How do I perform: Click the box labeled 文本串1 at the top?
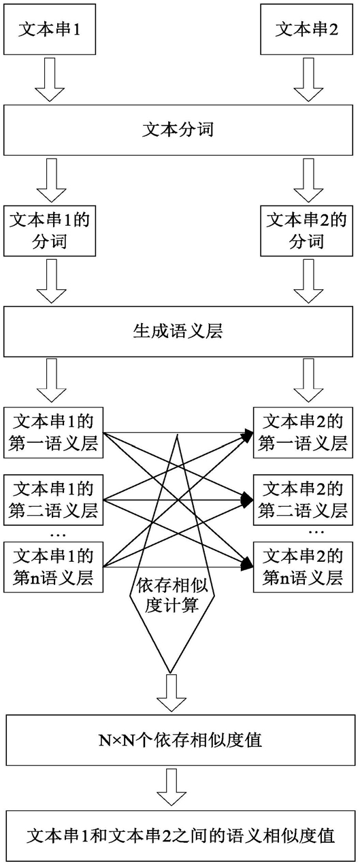(50, 29)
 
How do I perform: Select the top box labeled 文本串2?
(306, 29)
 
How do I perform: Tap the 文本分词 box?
(178, 130)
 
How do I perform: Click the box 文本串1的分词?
(50, 231)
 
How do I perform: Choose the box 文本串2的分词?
(306, 231)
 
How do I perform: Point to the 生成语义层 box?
(178, 332)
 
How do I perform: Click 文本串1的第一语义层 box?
(53, 433)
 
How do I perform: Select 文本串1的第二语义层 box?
(53, 500)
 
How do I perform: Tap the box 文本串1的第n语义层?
(53, 567)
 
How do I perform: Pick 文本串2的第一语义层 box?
(303, 433)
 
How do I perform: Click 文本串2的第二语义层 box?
(303, 500)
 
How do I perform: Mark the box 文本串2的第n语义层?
(303, 567)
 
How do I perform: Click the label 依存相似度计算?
(172, 596)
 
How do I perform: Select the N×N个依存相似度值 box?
(180, 740)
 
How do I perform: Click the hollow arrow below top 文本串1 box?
(50, 80)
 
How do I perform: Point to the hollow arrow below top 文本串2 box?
(308, 80)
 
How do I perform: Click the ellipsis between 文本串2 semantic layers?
(316, 533)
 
